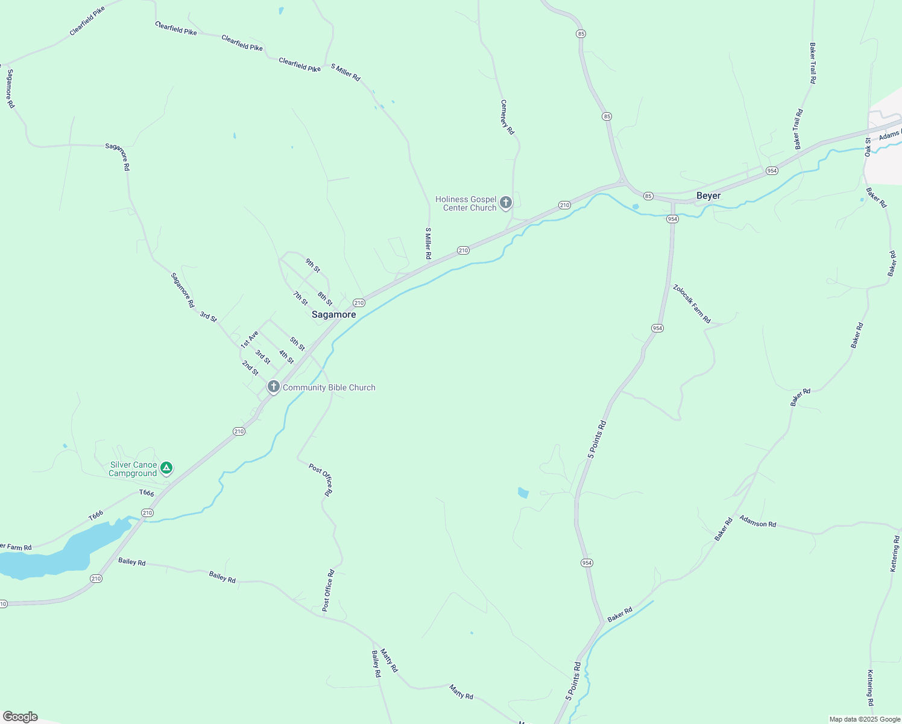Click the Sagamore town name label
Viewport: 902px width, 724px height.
pos(333,314)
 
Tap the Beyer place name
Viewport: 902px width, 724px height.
pos(708,195)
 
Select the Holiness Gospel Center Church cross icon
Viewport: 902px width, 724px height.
pos(506,203)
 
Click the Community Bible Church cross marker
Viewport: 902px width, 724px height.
pos(274,387)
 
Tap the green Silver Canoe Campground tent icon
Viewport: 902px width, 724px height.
pos(167,468)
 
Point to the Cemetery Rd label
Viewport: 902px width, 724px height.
pos(507,117)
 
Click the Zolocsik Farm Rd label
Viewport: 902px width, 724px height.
pos(692,303)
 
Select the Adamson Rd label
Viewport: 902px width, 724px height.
pos(757,521)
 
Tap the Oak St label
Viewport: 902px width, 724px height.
pos(868,147)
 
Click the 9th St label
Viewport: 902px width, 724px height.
pos(312,265)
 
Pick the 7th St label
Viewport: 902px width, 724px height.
pos(300,298)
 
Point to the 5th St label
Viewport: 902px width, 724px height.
pos(297,344)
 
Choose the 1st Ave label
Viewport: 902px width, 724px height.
pos(249,339)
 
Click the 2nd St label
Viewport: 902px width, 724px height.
pos(250,368)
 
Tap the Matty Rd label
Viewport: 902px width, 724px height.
pos(389,661)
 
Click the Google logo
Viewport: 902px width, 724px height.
pos(20,717)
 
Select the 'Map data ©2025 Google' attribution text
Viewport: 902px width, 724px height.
pos(865,719)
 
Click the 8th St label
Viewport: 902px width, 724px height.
pos(325,298)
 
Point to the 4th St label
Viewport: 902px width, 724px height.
pos(286,357)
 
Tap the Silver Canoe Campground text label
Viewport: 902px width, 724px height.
pos(133,469)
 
